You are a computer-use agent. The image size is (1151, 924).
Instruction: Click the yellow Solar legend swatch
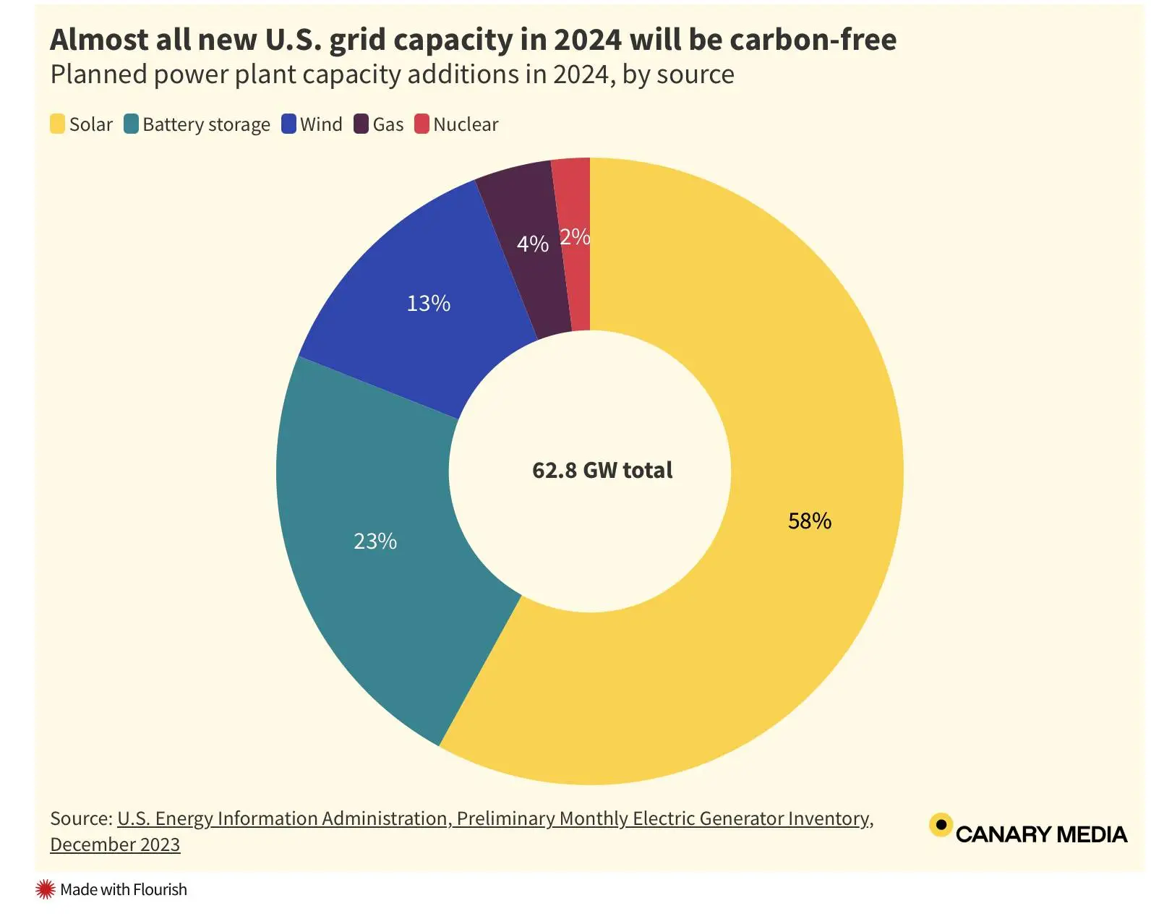tap(58, 124)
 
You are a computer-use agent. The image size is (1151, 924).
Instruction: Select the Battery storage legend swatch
tap(131, 124)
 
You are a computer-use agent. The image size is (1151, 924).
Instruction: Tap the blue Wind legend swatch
tap(288, 124)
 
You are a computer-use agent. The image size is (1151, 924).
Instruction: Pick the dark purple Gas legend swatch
tap(361, 124)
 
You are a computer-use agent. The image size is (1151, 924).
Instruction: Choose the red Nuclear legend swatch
tap(422, 124)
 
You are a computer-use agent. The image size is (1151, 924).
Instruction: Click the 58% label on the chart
tap(809, 521)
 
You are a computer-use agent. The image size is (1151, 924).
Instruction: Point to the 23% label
tap(375, 542)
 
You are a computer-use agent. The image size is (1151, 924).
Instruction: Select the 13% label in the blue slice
tap(428, 304)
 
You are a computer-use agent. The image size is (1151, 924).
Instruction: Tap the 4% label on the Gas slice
tap(532, 244)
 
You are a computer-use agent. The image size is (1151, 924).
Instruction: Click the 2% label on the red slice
tap(575, 237)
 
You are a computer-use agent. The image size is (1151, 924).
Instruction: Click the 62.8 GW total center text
tap(602, 471)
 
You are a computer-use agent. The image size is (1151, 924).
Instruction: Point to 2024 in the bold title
tap(587, 40)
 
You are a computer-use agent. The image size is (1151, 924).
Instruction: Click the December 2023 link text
tap(115, 844)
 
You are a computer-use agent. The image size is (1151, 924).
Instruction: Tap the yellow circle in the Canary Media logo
tap(940, 825)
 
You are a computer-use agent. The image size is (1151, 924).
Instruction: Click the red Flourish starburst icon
tap(46, 889)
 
